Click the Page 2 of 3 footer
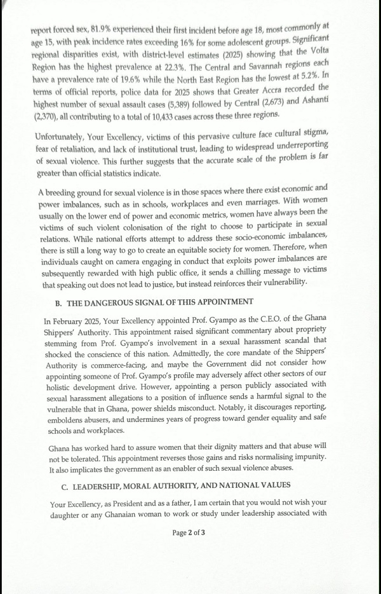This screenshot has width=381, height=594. point(189,532)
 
